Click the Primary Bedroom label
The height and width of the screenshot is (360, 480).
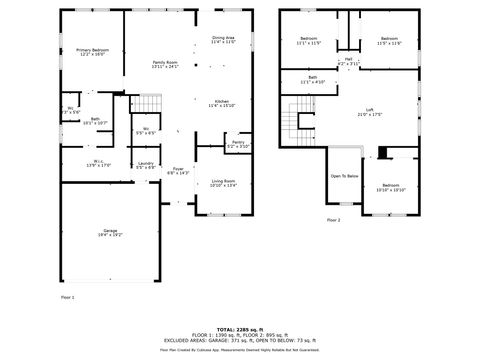pos(91,49)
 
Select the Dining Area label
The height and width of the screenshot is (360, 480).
pos(223,37)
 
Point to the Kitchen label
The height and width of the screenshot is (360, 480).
pos(222,101)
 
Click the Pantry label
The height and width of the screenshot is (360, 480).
pos(238,142)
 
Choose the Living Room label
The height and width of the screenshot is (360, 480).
pos(223,180)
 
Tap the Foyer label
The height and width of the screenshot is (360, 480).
pos(177,169)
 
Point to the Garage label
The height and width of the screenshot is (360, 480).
pos(110,231)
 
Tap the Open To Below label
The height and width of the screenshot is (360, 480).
pos(344,176)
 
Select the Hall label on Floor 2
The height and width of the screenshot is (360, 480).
pos(348,59)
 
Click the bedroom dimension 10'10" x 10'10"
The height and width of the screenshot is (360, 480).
pos(390,189)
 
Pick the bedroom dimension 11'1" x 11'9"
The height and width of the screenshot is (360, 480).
pos(307,43)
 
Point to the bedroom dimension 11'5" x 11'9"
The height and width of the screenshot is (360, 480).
pos(388,43)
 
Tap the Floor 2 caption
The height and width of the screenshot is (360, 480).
pos(333,219)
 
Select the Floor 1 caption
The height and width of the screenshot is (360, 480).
pos(67,296)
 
